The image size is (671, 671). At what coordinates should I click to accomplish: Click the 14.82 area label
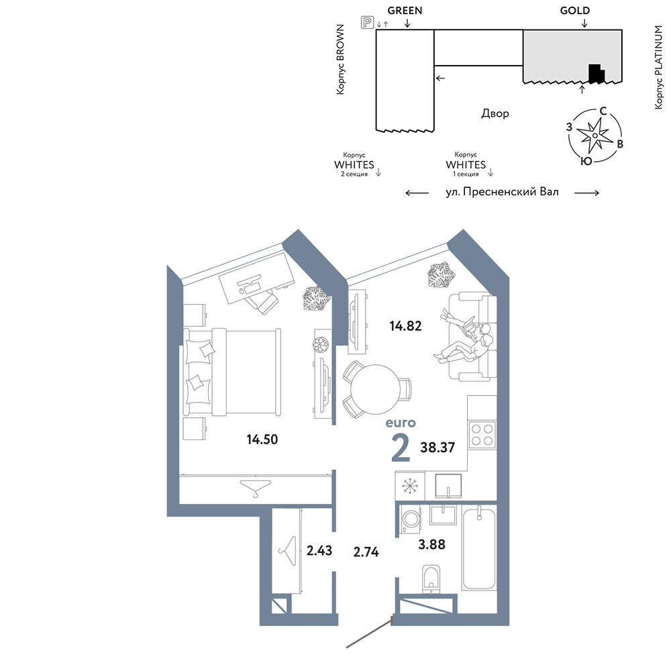tap(405, 326)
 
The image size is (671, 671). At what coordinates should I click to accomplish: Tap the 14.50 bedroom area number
tap(262, 439)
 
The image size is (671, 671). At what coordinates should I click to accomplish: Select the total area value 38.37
tap(437, 448)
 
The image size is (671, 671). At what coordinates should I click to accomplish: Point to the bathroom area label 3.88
tap(431, 544)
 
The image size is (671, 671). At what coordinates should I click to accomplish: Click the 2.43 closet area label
tap(319, 550)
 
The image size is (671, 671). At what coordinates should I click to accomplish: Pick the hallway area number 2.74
tap(366, 552)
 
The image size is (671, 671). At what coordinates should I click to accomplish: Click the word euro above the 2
tap(401, 423)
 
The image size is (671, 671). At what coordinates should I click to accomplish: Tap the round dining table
tap(375, 389)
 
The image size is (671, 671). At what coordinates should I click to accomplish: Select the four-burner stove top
tap(482, 435)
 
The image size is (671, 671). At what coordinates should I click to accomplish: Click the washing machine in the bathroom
tap(411, 519)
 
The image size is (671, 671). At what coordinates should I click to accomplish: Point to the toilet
tap(431, 580)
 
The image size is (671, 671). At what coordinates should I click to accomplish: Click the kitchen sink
tap(448, 486)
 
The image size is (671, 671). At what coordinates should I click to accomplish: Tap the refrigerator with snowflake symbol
tap(410, 486)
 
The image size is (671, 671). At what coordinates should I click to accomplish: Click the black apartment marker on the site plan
tap(597, 74)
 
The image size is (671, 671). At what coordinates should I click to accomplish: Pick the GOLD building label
tap(575, 11)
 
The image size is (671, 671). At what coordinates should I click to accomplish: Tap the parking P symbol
tap(367, 22)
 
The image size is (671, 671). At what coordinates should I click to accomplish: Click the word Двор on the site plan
tap(495, 113)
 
